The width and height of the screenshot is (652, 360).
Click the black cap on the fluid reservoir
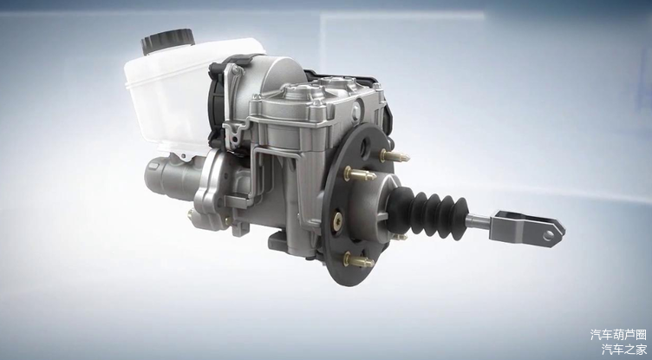(168, 41)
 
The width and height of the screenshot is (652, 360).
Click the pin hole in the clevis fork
(549, 236)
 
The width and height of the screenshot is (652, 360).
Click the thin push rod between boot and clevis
(479, 221)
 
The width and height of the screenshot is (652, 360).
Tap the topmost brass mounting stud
(394, 156)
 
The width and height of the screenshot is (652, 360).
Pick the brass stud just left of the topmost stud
(360, 174)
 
